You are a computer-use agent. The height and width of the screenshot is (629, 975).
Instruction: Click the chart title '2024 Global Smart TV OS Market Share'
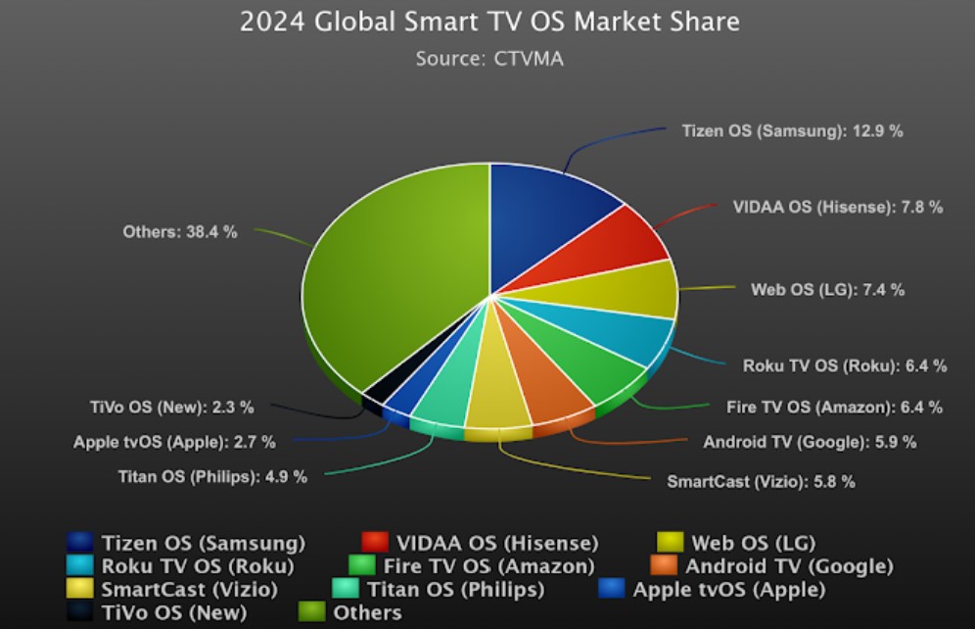489,22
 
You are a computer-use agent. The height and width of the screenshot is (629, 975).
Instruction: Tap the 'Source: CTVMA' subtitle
489,58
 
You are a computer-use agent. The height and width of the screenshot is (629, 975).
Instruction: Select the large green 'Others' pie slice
392,274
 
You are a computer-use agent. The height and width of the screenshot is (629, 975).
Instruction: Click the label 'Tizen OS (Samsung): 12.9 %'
792,131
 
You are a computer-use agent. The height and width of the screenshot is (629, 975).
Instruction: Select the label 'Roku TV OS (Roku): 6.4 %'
845,365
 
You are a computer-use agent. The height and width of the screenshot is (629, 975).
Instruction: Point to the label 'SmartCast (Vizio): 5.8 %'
761,481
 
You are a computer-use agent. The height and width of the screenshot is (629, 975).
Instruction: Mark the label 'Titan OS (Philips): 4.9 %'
212,477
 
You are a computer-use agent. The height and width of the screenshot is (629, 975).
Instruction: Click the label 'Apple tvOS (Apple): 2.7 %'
174,442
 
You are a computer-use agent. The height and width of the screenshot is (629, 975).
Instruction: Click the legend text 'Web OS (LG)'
753,543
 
